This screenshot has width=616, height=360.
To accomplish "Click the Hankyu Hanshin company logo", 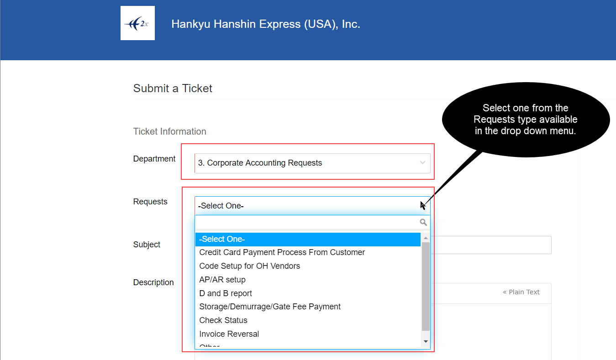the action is tap(137, 23).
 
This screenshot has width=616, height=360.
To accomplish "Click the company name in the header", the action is tap(266, 24).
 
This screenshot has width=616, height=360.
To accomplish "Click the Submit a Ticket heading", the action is tap(173, 89).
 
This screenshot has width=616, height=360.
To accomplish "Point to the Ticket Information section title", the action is tap(170, 131).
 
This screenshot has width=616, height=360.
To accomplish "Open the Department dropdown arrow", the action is tap(422, 163).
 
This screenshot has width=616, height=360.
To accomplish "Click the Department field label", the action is tap(154, 159).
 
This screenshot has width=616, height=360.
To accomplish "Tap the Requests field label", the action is tap(150, 201).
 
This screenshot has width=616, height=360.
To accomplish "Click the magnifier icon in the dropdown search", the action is tap(423, 222).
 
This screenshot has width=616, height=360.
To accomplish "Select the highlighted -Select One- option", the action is tap(308, 239).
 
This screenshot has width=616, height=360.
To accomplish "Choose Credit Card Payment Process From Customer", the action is tap(282, 252).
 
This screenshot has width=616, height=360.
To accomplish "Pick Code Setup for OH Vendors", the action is tap(249, 266).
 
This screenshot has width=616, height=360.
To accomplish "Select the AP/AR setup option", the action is tap(222, 280).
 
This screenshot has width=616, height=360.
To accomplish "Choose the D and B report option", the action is tap(226, 293).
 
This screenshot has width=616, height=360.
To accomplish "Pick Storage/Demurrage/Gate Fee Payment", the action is tap(270, 307).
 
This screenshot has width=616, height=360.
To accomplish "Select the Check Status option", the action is tap(223, 320).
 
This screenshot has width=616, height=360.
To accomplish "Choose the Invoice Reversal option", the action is tap(229, 334).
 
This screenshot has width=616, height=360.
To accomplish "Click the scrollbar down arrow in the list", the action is tap(426, 341).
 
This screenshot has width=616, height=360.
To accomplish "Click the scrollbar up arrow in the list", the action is tap(426, 238).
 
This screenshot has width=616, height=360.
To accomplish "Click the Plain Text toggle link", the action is tap(521, 292).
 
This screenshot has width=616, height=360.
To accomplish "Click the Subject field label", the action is tap(147, 244).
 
